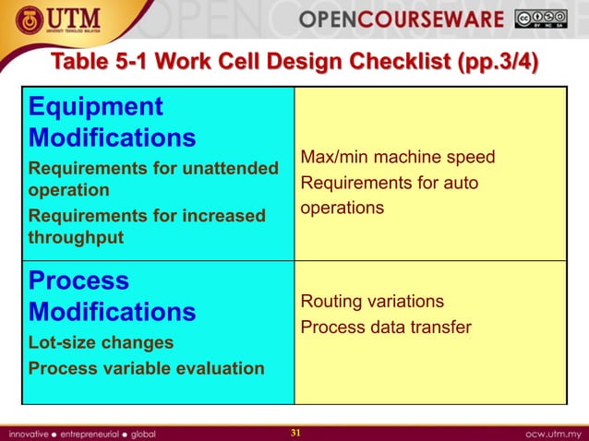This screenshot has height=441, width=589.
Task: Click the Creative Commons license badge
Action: pyautogui.click(x=541, y=19)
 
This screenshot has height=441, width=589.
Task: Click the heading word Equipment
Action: pyautogui.click(x=95, y=107)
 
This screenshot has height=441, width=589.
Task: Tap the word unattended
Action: pyautogui.click(x=226, y=169)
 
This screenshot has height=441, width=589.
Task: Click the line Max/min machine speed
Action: pyautogui.click(x=398, y=158)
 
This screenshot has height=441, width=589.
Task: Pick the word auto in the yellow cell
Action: pyautogui.click(x=460, y=183)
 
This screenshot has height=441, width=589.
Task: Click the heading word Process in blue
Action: pyautogui.click(x=78, y=280)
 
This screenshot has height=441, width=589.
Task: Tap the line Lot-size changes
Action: pyautogui.click(x=101, y=342)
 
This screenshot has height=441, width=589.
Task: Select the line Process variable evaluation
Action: pyautogui.click(x=146, y=368)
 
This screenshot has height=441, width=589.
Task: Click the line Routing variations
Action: pyautogui.click(x=372, y=302)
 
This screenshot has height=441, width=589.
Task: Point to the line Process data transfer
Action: pyautogui.click(x=386, y=328)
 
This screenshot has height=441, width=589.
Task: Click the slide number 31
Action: pyautogui.click(x=296, y=433)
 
